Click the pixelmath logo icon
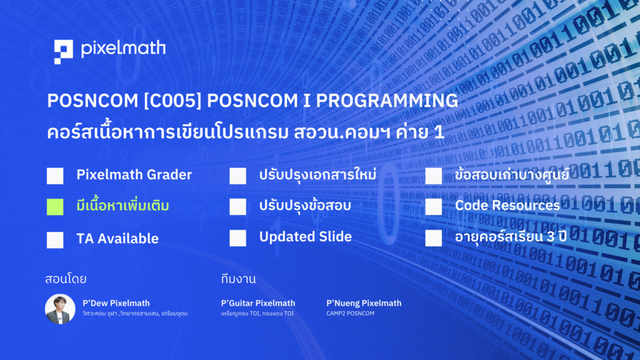click(x=63, y=52)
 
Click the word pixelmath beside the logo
click(x=123, y=49)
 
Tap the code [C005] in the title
click(x=172, y=101)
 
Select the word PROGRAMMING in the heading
click(x=387, y=101)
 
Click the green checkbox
click(x=55, y=207)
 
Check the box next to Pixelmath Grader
click(x=55, y=176)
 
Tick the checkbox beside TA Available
click(x=55, y=240)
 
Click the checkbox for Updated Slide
click(x=237, y=238)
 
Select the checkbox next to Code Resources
click(x=434, y=206)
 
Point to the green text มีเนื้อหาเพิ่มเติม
click(x=123, y=205)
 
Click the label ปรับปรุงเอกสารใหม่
click(x=317, y=175)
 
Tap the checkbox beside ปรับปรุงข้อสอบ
click(x=237, y=206)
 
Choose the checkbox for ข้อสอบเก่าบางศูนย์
click(x=434, y=176)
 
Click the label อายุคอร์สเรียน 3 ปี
click(x=511, y=237)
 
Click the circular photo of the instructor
click(x=60, y=309)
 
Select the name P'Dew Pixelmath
click(x=116, y=303)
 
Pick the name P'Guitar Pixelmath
click(x=258, y=303)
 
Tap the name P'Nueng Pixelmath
click(x=364, y=303)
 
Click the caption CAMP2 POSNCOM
click(x=350, y=314)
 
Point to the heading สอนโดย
click(x=66, y=279)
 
